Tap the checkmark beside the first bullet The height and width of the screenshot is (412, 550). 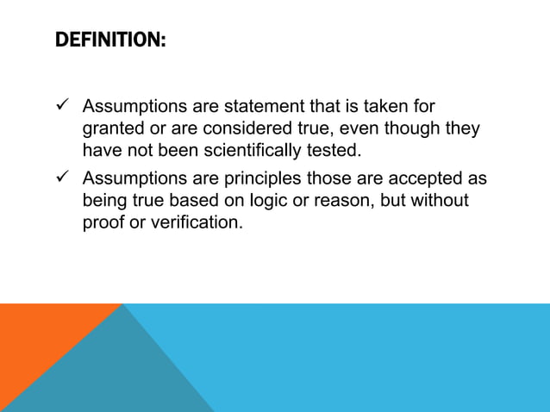(60, 107)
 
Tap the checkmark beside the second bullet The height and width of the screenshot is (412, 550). (60, 179)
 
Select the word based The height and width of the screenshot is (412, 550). (176, 201)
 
